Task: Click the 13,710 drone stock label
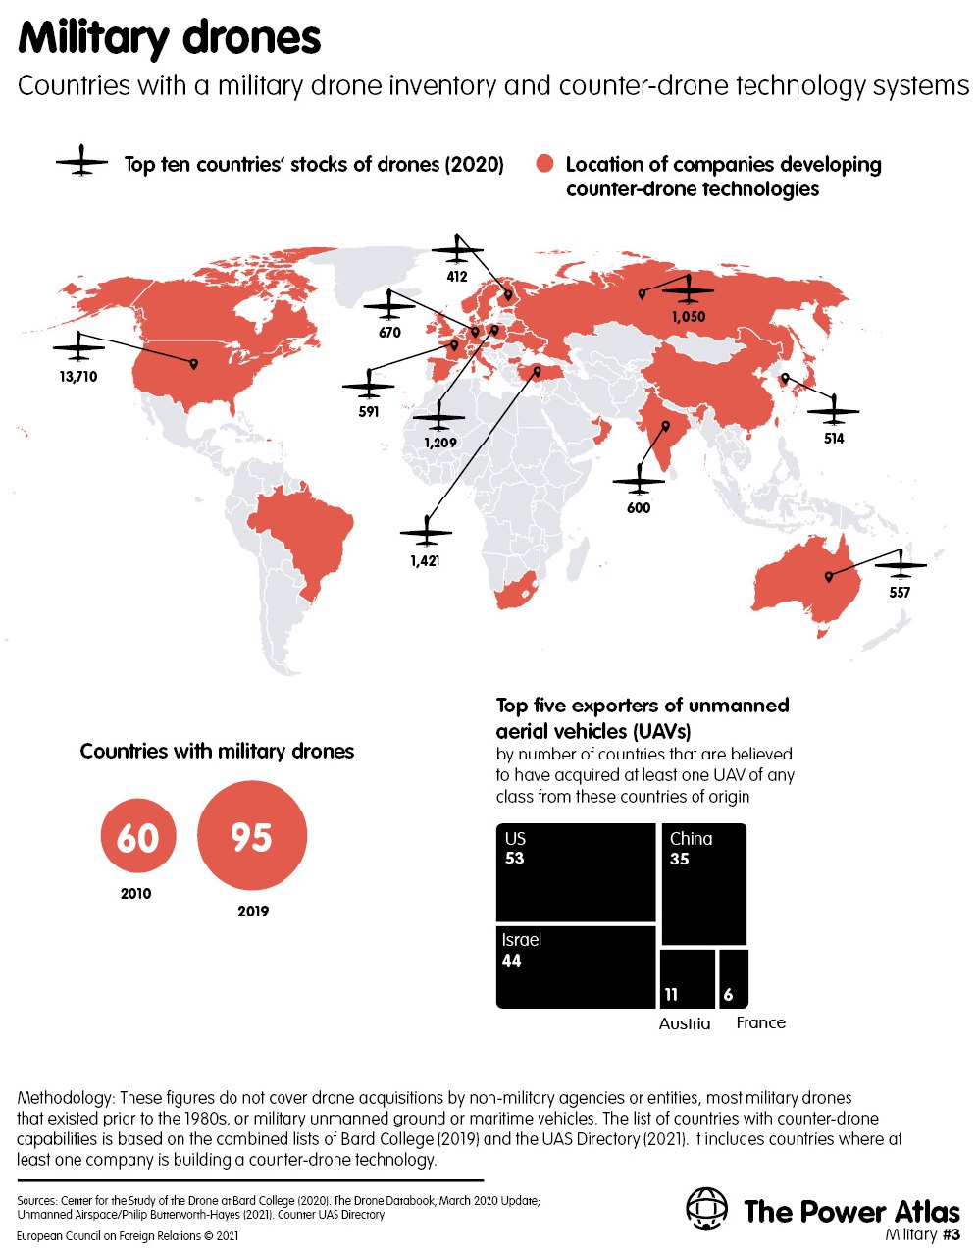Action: click(77, 377)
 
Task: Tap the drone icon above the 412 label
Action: click(457, 249)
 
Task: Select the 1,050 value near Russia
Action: click(689, 317)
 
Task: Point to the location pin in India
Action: click(665, 427)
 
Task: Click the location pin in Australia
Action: click(829, 576)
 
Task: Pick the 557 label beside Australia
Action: click(900, 593)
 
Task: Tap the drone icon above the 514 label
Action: click(834, 408)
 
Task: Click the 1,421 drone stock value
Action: click(425, 560)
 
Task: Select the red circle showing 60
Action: click(138, 838)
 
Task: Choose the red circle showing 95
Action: click(252, 837)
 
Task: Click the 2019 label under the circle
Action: click(253, 912)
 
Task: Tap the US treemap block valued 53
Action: click(576, 871)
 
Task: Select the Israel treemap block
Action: click(576, 967)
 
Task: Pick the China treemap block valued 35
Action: click(704, 884)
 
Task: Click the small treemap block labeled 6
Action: click(733, 978)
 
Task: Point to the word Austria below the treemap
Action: click(685, 1023)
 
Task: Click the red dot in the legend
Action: click(545, 164)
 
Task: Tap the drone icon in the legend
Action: click(81, 161)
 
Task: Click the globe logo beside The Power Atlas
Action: click(706, 1210)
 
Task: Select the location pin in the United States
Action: click(193, 364)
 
